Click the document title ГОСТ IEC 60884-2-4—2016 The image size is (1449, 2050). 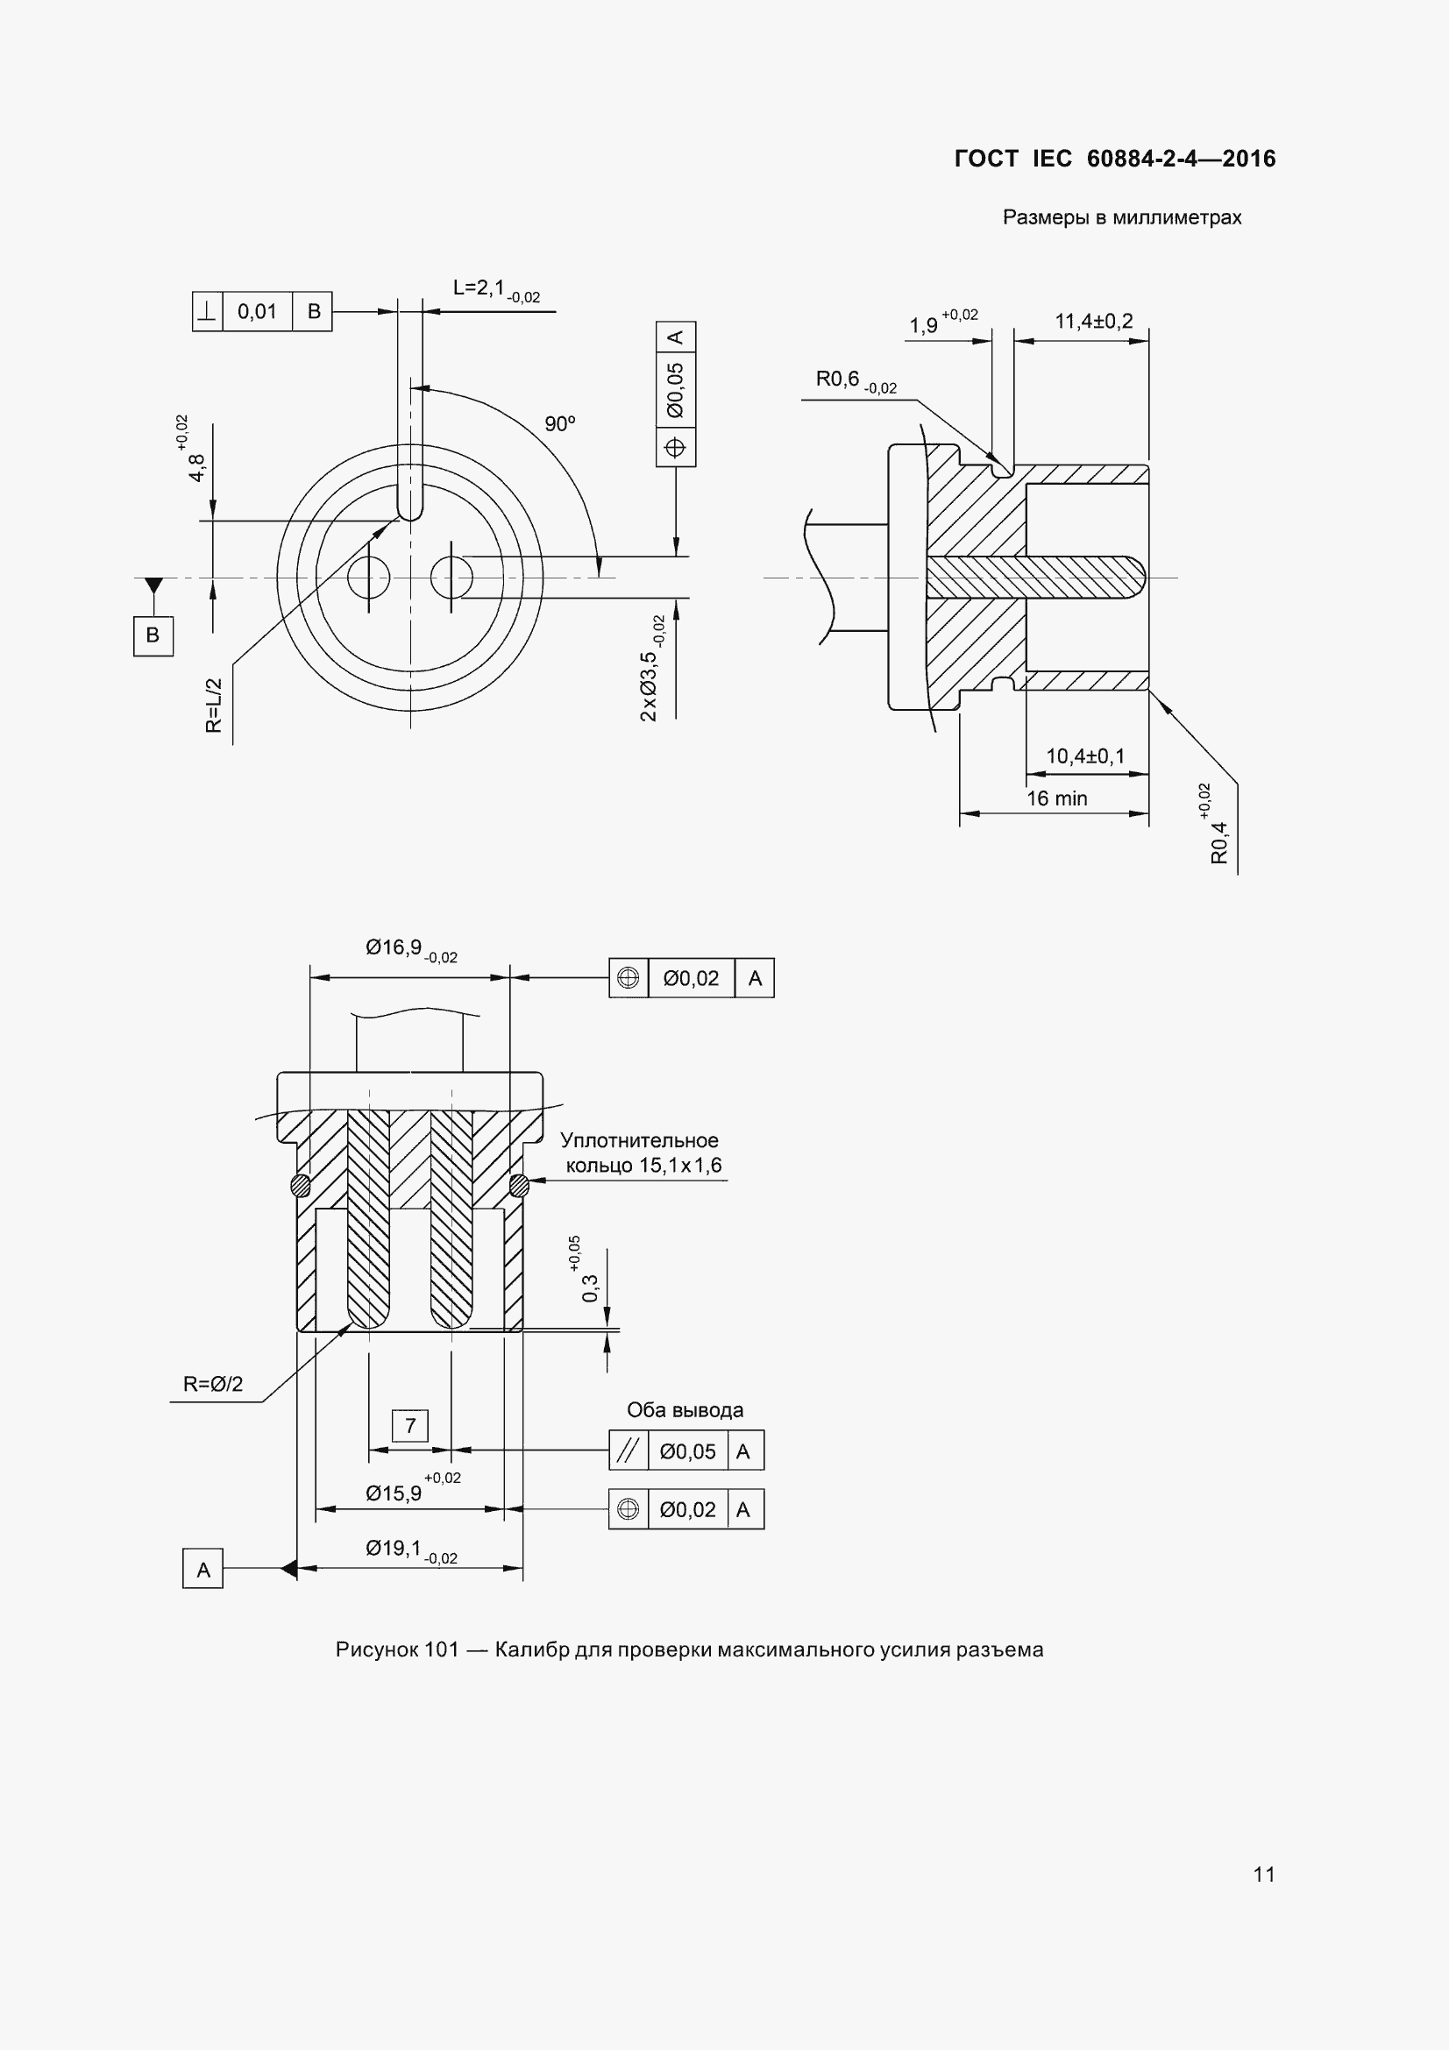1115,159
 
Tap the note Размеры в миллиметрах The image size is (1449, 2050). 1122,218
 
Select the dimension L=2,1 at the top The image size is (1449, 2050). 496,290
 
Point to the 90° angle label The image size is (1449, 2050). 561,424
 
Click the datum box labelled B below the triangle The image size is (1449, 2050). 153,635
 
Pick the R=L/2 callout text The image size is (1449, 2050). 213,706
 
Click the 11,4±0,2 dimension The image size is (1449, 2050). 1094,321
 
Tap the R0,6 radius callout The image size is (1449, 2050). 856,381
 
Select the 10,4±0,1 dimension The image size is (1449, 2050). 1085,756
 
